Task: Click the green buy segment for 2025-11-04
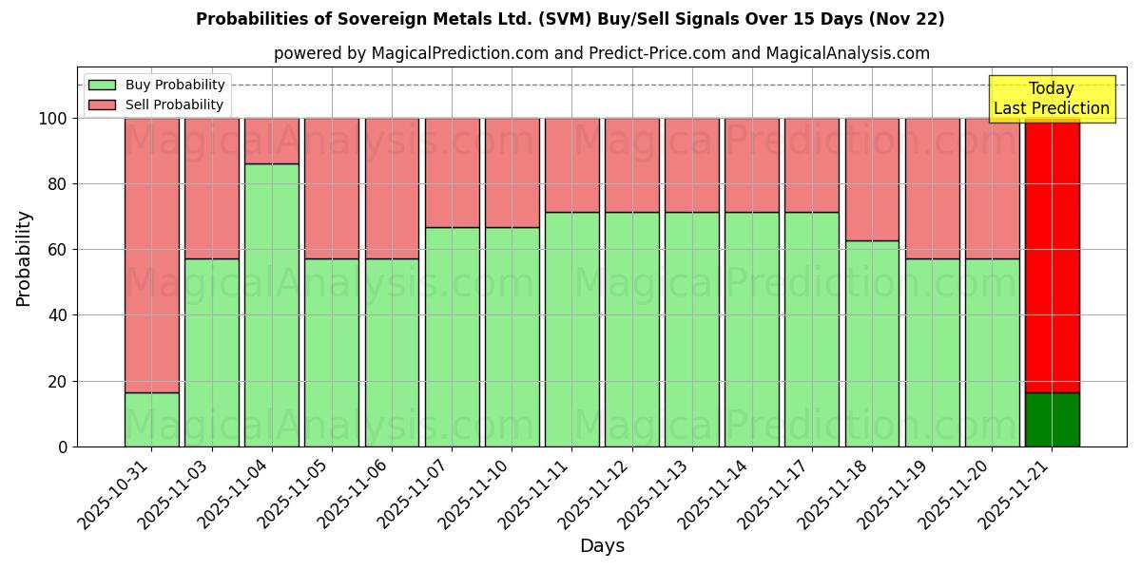(271, 305)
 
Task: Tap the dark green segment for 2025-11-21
(1052, 419)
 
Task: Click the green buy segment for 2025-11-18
(872, 343)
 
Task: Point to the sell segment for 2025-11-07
(452, 172)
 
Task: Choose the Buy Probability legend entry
(156, 85)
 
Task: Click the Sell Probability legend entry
(156, 104)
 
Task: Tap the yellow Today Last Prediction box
(1051, 99)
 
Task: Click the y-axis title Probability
(24, 258)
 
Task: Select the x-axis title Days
(602, 546)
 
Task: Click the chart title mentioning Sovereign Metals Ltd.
(570, 19)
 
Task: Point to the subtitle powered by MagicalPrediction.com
(601, 53)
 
